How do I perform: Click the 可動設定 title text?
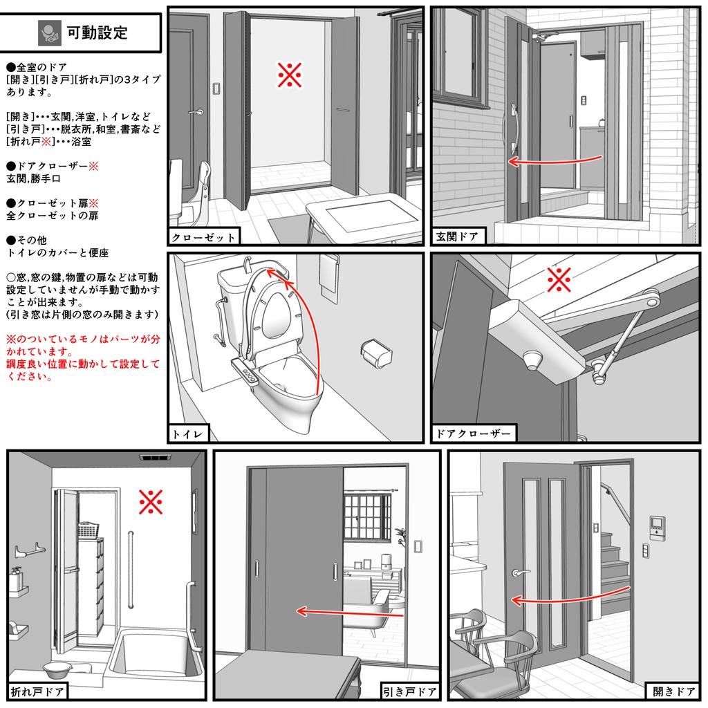coord(97,32)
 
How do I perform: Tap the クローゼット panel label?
coord(203,237)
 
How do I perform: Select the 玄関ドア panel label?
coord(457,237)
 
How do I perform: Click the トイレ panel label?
coord(187,434)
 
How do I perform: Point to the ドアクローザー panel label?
coord(474,434)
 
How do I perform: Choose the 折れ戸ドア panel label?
coord(37,691)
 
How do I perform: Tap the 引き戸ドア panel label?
coord(410,691)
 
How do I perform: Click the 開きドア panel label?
coord(674,691)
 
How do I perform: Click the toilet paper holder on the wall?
coord(376,354)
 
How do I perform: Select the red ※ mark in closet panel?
coord(290,75)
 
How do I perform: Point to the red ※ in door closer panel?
coord(559,280)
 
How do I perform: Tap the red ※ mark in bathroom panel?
coord(150,502)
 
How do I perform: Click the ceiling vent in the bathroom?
coord(156,457)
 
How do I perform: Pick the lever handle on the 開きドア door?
coord(519,572)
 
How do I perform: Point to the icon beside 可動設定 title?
coord(49,32)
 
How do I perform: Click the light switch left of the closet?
coord(216,88)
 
